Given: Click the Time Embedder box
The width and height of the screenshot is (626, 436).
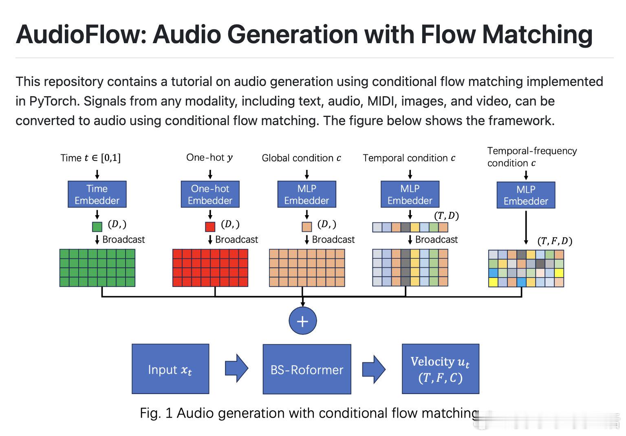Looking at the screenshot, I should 97,195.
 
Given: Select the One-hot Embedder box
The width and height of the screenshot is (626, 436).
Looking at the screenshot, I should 210,195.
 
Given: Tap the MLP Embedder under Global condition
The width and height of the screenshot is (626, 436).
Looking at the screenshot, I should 306,195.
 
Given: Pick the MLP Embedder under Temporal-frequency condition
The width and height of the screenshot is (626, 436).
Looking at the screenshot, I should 526,196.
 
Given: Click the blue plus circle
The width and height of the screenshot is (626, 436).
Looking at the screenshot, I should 302,321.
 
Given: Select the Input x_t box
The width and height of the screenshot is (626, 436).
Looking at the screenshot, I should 170,369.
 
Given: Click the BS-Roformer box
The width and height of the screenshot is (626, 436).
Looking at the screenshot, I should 307,370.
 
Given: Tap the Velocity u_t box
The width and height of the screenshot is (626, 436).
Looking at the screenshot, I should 440,369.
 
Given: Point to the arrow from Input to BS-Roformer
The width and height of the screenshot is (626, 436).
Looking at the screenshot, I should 236,368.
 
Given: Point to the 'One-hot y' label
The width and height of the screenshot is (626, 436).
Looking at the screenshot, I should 209,157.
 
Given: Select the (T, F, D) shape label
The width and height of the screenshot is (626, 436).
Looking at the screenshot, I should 555,241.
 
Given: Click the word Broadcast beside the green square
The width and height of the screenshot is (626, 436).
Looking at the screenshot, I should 123,240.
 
